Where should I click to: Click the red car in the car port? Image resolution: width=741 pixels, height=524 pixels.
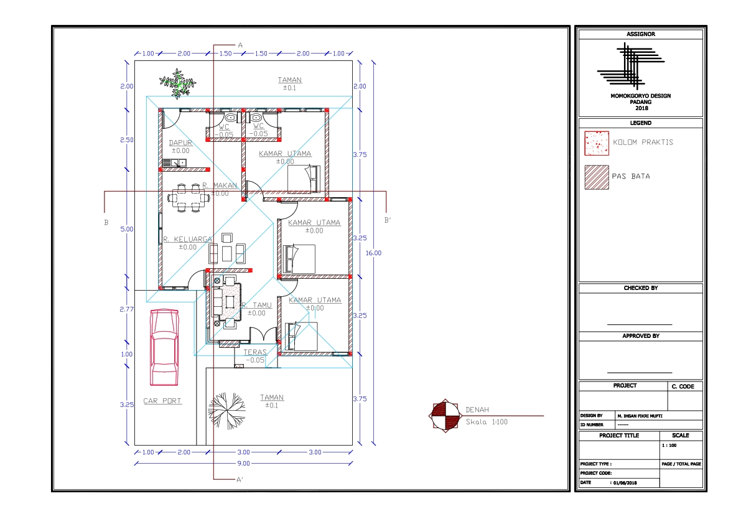(164, 347)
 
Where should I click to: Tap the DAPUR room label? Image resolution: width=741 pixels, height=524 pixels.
(180, 143)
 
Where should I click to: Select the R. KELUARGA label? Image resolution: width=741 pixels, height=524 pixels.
(188, 239)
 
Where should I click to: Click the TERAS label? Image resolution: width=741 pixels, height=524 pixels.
(254, 352)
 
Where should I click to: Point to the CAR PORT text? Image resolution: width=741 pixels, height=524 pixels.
(162, 401)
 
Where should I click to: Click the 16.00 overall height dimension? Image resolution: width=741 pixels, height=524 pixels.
(373, 253)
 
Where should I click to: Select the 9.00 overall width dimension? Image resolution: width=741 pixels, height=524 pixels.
(243, 464)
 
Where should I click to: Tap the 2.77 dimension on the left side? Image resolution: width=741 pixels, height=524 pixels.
(127, 309)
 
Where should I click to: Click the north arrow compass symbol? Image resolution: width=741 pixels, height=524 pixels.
(445, 416)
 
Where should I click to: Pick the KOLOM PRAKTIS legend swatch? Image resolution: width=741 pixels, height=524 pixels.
(597, 143)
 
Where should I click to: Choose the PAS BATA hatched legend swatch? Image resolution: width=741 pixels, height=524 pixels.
(597, 177)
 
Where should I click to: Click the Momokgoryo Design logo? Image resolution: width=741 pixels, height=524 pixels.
(631, 66)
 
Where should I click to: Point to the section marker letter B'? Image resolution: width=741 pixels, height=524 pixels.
(388, 220)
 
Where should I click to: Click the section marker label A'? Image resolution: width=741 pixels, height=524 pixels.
(240, 480)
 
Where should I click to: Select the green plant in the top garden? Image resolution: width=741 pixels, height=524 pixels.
(178, 83)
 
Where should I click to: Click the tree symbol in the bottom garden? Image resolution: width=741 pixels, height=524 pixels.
(227, 410)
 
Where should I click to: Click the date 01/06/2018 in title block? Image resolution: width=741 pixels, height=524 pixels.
(625, 483)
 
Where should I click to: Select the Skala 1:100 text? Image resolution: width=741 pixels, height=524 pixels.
(487, 422)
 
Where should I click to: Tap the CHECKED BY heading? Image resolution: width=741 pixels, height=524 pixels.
(641, 288)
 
